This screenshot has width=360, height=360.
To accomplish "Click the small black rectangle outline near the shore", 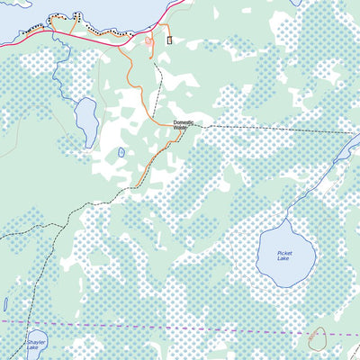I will tap(168, 39).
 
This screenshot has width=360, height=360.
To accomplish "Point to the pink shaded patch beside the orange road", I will tap(148, 40).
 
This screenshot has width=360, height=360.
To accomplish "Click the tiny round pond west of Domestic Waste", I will tap(121, 152).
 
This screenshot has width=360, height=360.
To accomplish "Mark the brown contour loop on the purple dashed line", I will tap(317, 338).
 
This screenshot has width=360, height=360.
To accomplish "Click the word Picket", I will tap(284, 254).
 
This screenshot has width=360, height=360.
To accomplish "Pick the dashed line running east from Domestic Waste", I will tap(270, 130).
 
